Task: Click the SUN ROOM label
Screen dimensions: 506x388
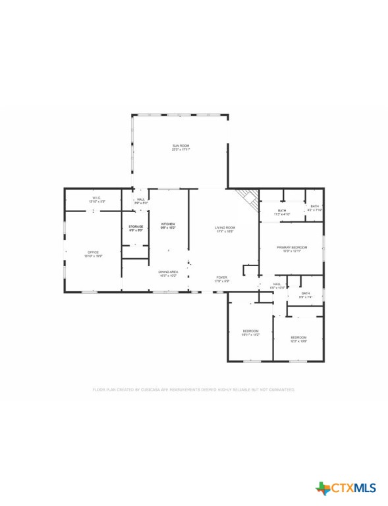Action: (181, 146)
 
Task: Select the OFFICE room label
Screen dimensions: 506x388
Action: (94, 252)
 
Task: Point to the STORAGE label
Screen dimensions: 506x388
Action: (136, 227)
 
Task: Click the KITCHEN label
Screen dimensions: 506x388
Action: (169, 225)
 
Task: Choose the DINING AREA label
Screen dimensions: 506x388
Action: (168, 271)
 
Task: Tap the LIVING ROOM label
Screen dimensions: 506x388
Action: (225, 228)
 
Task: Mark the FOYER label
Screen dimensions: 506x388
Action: (222, 277)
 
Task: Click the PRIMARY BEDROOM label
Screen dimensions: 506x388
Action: (292, 247)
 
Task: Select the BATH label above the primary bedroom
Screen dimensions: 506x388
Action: (281, 210)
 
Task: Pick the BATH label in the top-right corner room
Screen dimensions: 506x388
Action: (315, 206)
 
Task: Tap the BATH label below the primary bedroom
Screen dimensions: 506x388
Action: (305, 293)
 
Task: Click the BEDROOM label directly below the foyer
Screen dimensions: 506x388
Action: (250, 331)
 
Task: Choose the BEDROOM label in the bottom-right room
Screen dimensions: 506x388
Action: (299, 338)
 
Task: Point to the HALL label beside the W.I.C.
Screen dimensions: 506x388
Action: (140, 200)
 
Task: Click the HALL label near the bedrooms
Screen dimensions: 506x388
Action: (277, 284)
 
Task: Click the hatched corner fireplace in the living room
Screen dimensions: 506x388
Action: (248, 197)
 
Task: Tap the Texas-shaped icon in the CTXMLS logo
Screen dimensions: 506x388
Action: (323, 488)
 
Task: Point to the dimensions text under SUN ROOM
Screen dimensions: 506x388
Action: (181, 150)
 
